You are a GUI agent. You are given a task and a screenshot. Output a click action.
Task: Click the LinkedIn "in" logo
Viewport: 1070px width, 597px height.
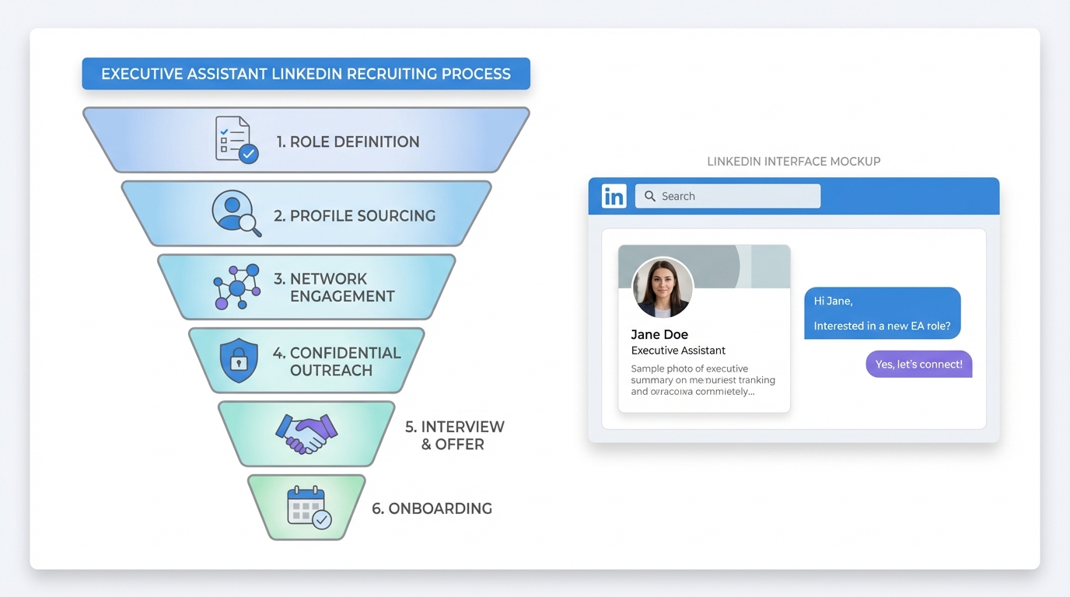coord(614,196)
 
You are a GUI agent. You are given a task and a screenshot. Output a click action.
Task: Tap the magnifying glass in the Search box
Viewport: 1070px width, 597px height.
coord(650,196)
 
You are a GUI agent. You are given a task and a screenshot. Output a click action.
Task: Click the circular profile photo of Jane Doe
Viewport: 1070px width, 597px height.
coord(663,287)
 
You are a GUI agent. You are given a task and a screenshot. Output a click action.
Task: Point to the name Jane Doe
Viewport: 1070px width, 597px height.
coord(659,335)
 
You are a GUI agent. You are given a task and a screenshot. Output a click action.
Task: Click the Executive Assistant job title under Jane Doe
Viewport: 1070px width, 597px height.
coord(678,351)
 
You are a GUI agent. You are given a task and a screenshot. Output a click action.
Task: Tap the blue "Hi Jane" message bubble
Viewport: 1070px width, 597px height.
coord(882,313)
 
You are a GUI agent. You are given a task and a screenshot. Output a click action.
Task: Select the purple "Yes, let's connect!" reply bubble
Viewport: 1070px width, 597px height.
coord(918,364)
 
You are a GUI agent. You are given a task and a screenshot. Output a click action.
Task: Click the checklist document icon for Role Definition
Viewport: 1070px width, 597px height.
coord(236,140)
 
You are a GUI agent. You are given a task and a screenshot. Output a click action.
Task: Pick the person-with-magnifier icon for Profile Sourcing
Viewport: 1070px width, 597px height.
coord(236,212)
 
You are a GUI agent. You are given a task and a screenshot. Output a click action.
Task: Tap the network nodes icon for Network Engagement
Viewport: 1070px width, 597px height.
coord(236,287)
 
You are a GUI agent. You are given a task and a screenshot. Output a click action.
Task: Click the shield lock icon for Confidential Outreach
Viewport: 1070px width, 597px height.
coord(239,360)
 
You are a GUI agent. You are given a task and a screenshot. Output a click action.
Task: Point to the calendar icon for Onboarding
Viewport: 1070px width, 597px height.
coord(308,508)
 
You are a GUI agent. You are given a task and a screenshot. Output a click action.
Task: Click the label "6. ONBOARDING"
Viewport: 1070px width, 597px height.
coord(432,508)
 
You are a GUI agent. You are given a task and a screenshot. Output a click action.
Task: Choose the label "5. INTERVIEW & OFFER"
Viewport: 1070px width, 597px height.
coord(454,435)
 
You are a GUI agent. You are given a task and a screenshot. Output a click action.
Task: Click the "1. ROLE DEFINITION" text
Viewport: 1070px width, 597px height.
coord(348,141)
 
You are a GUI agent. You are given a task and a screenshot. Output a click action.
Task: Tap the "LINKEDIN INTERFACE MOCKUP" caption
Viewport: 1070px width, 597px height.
coord(793,162)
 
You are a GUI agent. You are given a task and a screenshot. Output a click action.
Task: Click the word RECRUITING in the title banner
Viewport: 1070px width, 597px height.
coord(391,74)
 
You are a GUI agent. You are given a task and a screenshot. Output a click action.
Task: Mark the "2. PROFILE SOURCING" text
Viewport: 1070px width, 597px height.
coord(354,216)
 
